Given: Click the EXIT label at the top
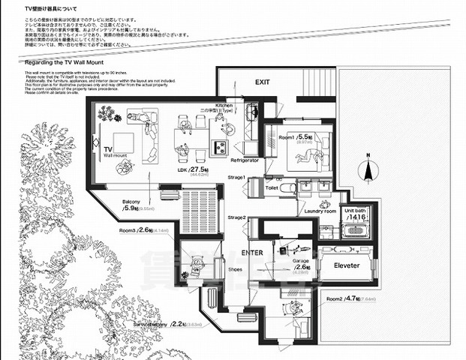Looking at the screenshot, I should (262, 82).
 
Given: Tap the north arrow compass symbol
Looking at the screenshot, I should (368, 169).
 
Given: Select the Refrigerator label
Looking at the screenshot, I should (245, 160).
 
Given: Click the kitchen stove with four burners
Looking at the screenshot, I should (221, 145).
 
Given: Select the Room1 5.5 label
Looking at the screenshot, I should (295, 138).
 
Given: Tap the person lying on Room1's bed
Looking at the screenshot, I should (306, 155).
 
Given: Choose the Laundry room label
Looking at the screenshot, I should (319, 211).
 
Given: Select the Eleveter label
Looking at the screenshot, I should (346, 265).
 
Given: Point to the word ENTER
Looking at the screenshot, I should (252, 253).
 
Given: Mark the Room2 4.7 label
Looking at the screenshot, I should (345, 298).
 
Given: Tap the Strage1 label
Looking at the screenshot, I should (237, 177).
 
